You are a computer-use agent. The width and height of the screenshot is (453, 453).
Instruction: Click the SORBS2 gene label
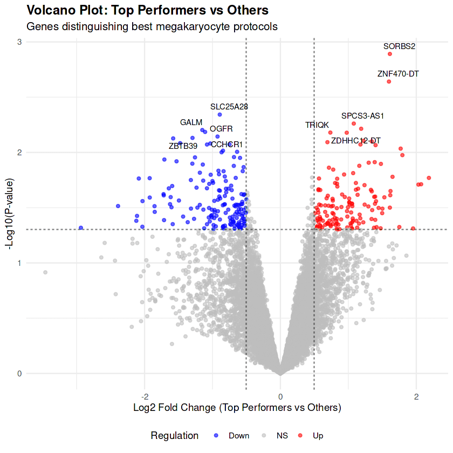[x=399, y=46]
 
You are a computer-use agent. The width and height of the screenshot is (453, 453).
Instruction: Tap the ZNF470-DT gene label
[x=398, y=73]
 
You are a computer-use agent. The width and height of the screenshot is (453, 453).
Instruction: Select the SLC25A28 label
[x=229, y=106]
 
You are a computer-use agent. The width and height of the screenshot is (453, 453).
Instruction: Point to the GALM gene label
[x=191, y=122]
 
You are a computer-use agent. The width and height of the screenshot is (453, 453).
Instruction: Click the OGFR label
[x=221, y=128]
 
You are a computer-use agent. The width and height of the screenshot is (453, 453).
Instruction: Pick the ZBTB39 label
[x=183, y=146]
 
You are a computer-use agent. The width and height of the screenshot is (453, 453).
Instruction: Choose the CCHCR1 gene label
[x=227, y=145]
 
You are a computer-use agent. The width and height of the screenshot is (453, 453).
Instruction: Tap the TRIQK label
[x=317, y=125]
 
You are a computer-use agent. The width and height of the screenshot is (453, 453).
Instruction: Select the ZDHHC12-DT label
[x=356, y=141]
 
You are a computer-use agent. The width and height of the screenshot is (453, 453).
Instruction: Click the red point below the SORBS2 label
[x=390, y=54]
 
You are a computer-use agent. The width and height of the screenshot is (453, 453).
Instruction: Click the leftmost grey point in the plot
[x=45, y=272]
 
